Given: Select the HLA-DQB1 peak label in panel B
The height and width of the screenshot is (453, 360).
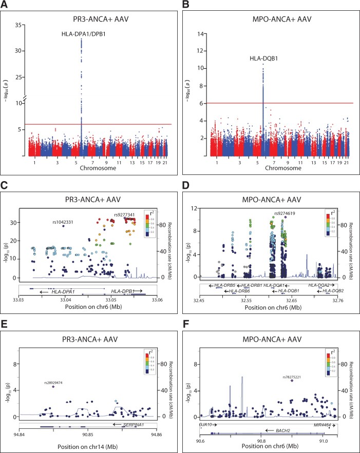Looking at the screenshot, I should coord(263,59).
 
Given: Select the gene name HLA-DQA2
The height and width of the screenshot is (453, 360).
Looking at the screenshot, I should coord(319,285).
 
